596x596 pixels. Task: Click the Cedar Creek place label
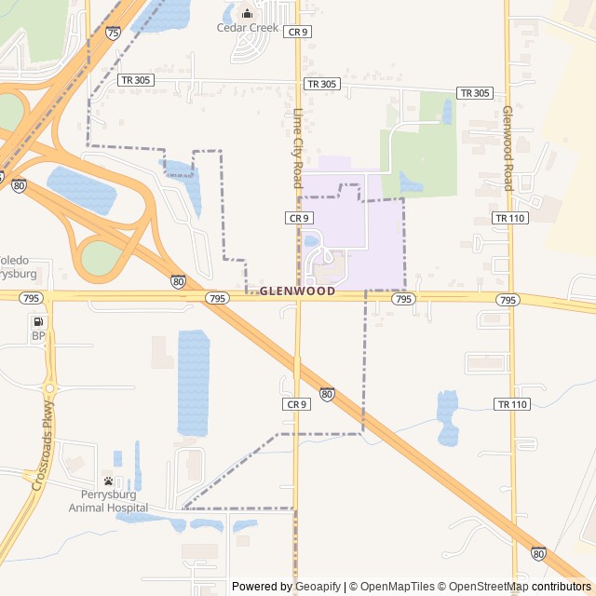[x=247, y=27]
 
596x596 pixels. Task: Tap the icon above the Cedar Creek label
[x=247, y=13]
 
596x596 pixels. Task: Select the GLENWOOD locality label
[x=297, y=291]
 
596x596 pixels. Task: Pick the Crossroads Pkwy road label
[x=43, y=447]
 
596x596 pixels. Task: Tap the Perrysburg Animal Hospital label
[x=108, y=501]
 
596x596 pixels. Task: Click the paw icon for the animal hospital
[x=109, y=481]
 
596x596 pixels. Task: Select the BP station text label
[x=38, y=335]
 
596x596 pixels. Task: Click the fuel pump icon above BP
[x=38, y=320]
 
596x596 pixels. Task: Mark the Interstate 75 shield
[x=113, y=33]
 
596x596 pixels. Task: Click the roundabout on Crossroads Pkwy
[x=51, y=387]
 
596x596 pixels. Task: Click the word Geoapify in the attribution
[x=318, y=587]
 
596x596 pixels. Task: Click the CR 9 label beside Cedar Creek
[x=297, y=32]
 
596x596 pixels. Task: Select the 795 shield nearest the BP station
[x=31, y=298]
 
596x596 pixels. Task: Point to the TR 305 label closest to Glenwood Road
[x=475, y=93]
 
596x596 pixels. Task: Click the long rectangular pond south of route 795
[x=194, y=382]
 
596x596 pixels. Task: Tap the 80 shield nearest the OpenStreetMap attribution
[x=538, y=553]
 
